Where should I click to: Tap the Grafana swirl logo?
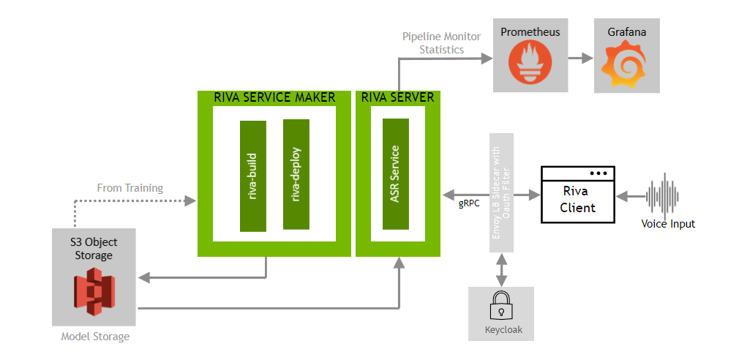[626, 63]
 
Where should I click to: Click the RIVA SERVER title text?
[397, 97]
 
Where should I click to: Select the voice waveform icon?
[664, 195]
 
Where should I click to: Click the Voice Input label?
[667, 224]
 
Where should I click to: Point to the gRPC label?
[469, 204]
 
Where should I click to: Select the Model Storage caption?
[95, 337]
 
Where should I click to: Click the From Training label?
[130, 188]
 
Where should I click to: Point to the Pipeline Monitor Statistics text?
[433, 43]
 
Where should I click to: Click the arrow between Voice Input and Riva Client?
[630, 196]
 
